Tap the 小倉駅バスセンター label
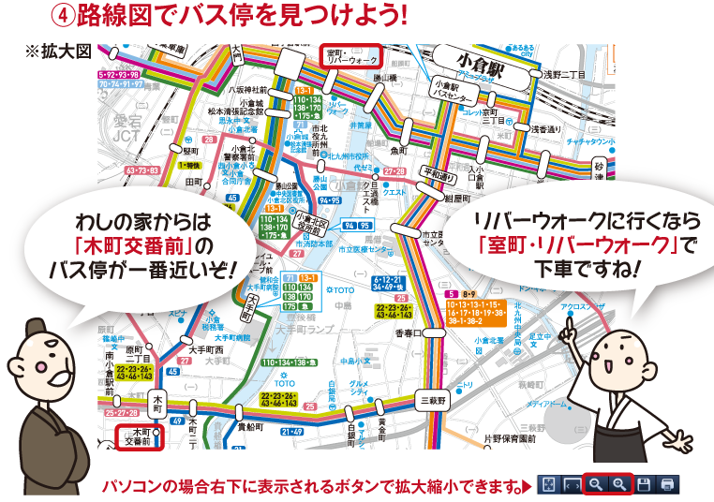449,90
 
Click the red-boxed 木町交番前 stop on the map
138,437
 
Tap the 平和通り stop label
438,173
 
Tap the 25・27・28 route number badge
122,412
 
